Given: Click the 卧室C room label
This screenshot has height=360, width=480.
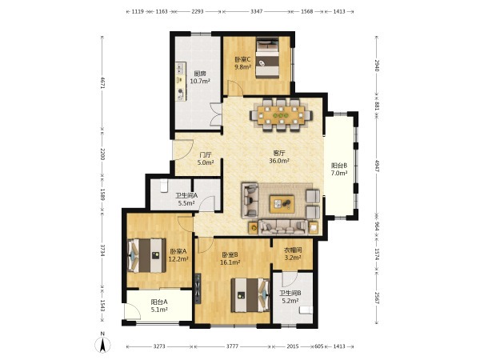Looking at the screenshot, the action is coord(243,63).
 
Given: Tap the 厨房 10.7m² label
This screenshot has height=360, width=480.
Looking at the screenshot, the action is coord(200,78).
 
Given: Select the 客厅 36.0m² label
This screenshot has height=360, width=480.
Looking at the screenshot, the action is coord(279,157).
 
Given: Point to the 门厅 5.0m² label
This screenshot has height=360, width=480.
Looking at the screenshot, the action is coord(206,159).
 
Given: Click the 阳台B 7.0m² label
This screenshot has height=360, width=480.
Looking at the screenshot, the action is coord(339,170).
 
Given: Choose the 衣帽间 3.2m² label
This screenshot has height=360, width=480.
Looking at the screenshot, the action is coord(293,254).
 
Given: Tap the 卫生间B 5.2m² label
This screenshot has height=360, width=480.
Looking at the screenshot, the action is coord(290,297).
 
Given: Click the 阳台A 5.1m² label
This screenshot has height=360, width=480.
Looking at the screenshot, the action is coord(159,306).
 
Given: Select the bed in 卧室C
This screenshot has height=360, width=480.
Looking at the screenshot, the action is coord(267,58).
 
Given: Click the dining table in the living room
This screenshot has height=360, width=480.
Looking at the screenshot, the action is coord(282,115).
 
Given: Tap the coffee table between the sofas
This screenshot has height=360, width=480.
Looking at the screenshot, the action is coord(282,204).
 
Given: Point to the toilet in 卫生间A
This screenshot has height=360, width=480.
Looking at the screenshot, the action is coord(164,186).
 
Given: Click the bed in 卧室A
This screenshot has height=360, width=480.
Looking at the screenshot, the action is coord(146,256).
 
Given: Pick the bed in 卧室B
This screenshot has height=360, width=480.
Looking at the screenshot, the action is coord(250,294).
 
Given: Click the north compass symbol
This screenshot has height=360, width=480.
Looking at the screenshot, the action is coord(103,343).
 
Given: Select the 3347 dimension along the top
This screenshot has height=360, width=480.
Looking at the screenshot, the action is coord(257,12).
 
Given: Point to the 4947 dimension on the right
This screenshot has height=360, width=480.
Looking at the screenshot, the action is coord(377,166).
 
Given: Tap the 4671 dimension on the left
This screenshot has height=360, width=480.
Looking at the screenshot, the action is coord(102,82).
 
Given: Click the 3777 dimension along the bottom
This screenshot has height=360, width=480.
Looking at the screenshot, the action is coord(232,346).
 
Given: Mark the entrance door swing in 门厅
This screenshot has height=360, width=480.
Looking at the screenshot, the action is coord(183,150).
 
